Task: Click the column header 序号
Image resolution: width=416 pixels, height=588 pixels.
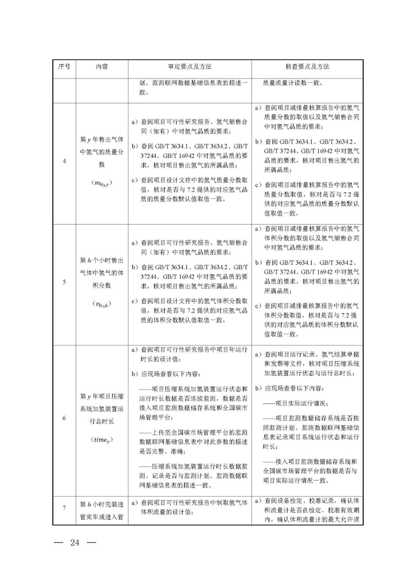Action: [64, 67]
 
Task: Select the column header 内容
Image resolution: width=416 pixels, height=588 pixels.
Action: [102, 67]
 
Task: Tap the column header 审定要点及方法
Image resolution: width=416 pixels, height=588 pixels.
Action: [190, 67]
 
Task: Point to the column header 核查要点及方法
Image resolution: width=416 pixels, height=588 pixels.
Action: [307, 67]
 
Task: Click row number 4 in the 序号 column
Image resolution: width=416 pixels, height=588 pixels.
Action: [64, 161]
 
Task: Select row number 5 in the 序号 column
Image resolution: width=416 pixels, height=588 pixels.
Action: [64, 282]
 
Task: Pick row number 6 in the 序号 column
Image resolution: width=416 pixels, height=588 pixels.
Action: [64, 418]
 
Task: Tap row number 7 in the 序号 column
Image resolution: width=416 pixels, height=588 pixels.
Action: [64, 508]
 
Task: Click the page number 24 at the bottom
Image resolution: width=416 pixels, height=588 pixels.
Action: [75, 543]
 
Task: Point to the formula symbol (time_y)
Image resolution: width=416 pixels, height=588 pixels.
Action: [102, 440]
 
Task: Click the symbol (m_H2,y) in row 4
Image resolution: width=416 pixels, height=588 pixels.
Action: [102, 183]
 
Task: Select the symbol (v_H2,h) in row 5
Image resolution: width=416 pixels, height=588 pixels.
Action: [102, 304]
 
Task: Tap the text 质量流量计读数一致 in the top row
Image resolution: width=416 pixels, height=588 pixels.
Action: [293, 83]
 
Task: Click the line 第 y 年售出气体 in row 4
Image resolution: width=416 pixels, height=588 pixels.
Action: [102, 140]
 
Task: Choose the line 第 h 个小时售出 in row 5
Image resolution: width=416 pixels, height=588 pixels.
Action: [102, 261]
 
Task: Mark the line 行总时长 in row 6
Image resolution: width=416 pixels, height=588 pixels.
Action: [102, 422]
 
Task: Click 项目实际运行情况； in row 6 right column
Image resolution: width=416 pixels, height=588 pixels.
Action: [301, 404]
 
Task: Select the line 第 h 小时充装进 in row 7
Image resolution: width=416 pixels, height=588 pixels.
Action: [102, 504]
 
